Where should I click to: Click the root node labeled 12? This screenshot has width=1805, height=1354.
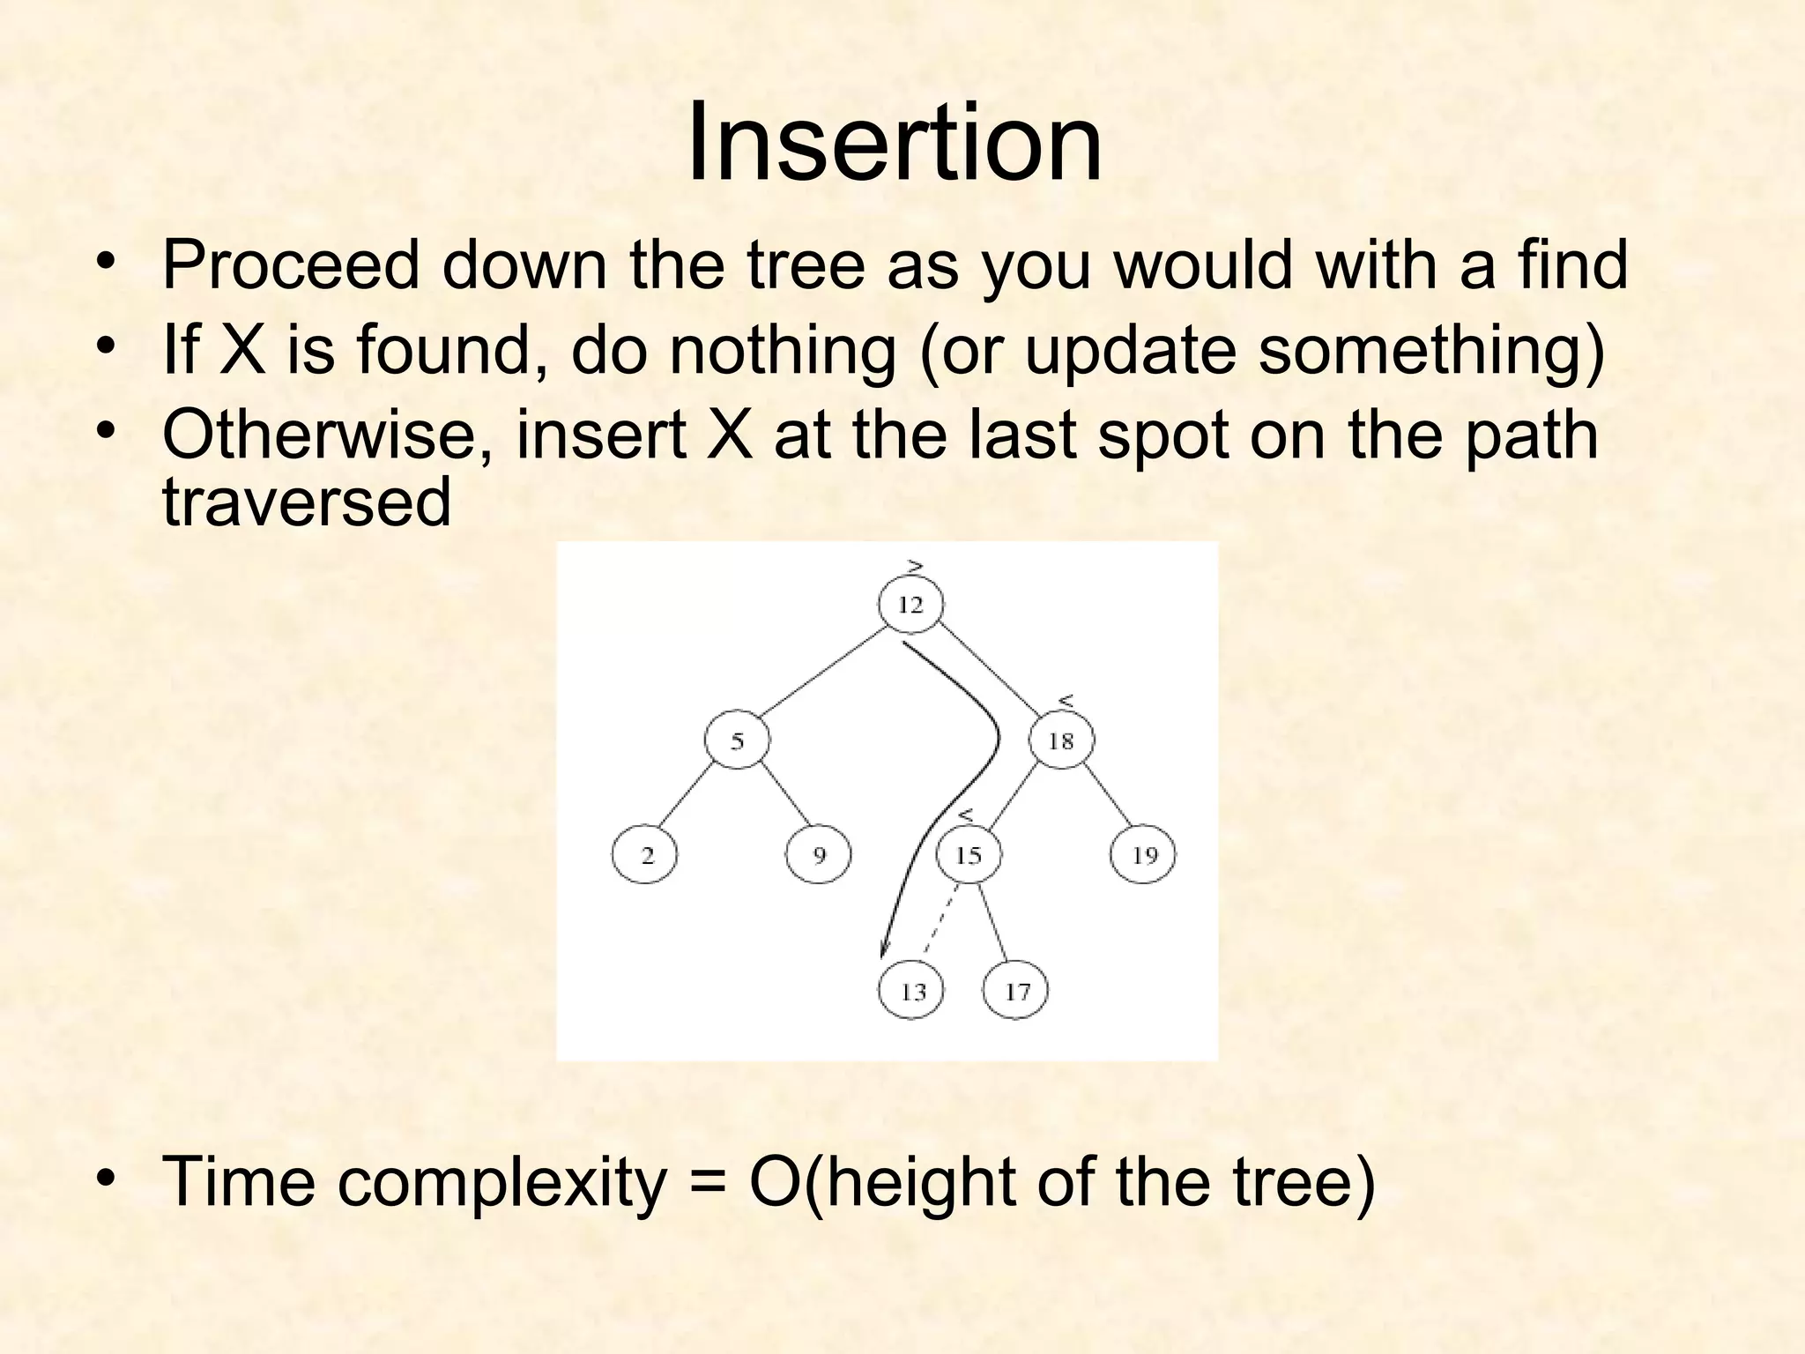[x=910, y=605]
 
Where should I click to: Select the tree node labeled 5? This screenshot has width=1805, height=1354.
[x=737, y=740]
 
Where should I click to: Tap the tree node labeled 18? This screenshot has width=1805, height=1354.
[x=1061, y=740]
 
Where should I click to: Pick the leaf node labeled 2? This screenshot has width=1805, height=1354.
[x=645, y=854]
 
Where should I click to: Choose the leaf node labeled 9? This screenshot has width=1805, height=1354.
[x=819, y=854]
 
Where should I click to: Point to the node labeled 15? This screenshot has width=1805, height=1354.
[x=969, y=854]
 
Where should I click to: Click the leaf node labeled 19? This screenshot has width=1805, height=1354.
[x=1143, y=854]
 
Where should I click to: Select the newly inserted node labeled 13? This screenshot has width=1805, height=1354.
[x=911, y=991]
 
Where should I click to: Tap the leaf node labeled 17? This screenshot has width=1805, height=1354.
[x=1016, y=991]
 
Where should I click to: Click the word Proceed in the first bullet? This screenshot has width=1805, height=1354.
[x=291, y=265]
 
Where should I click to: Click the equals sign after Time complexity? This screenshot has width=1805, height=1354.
[x=709, y=1183]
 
